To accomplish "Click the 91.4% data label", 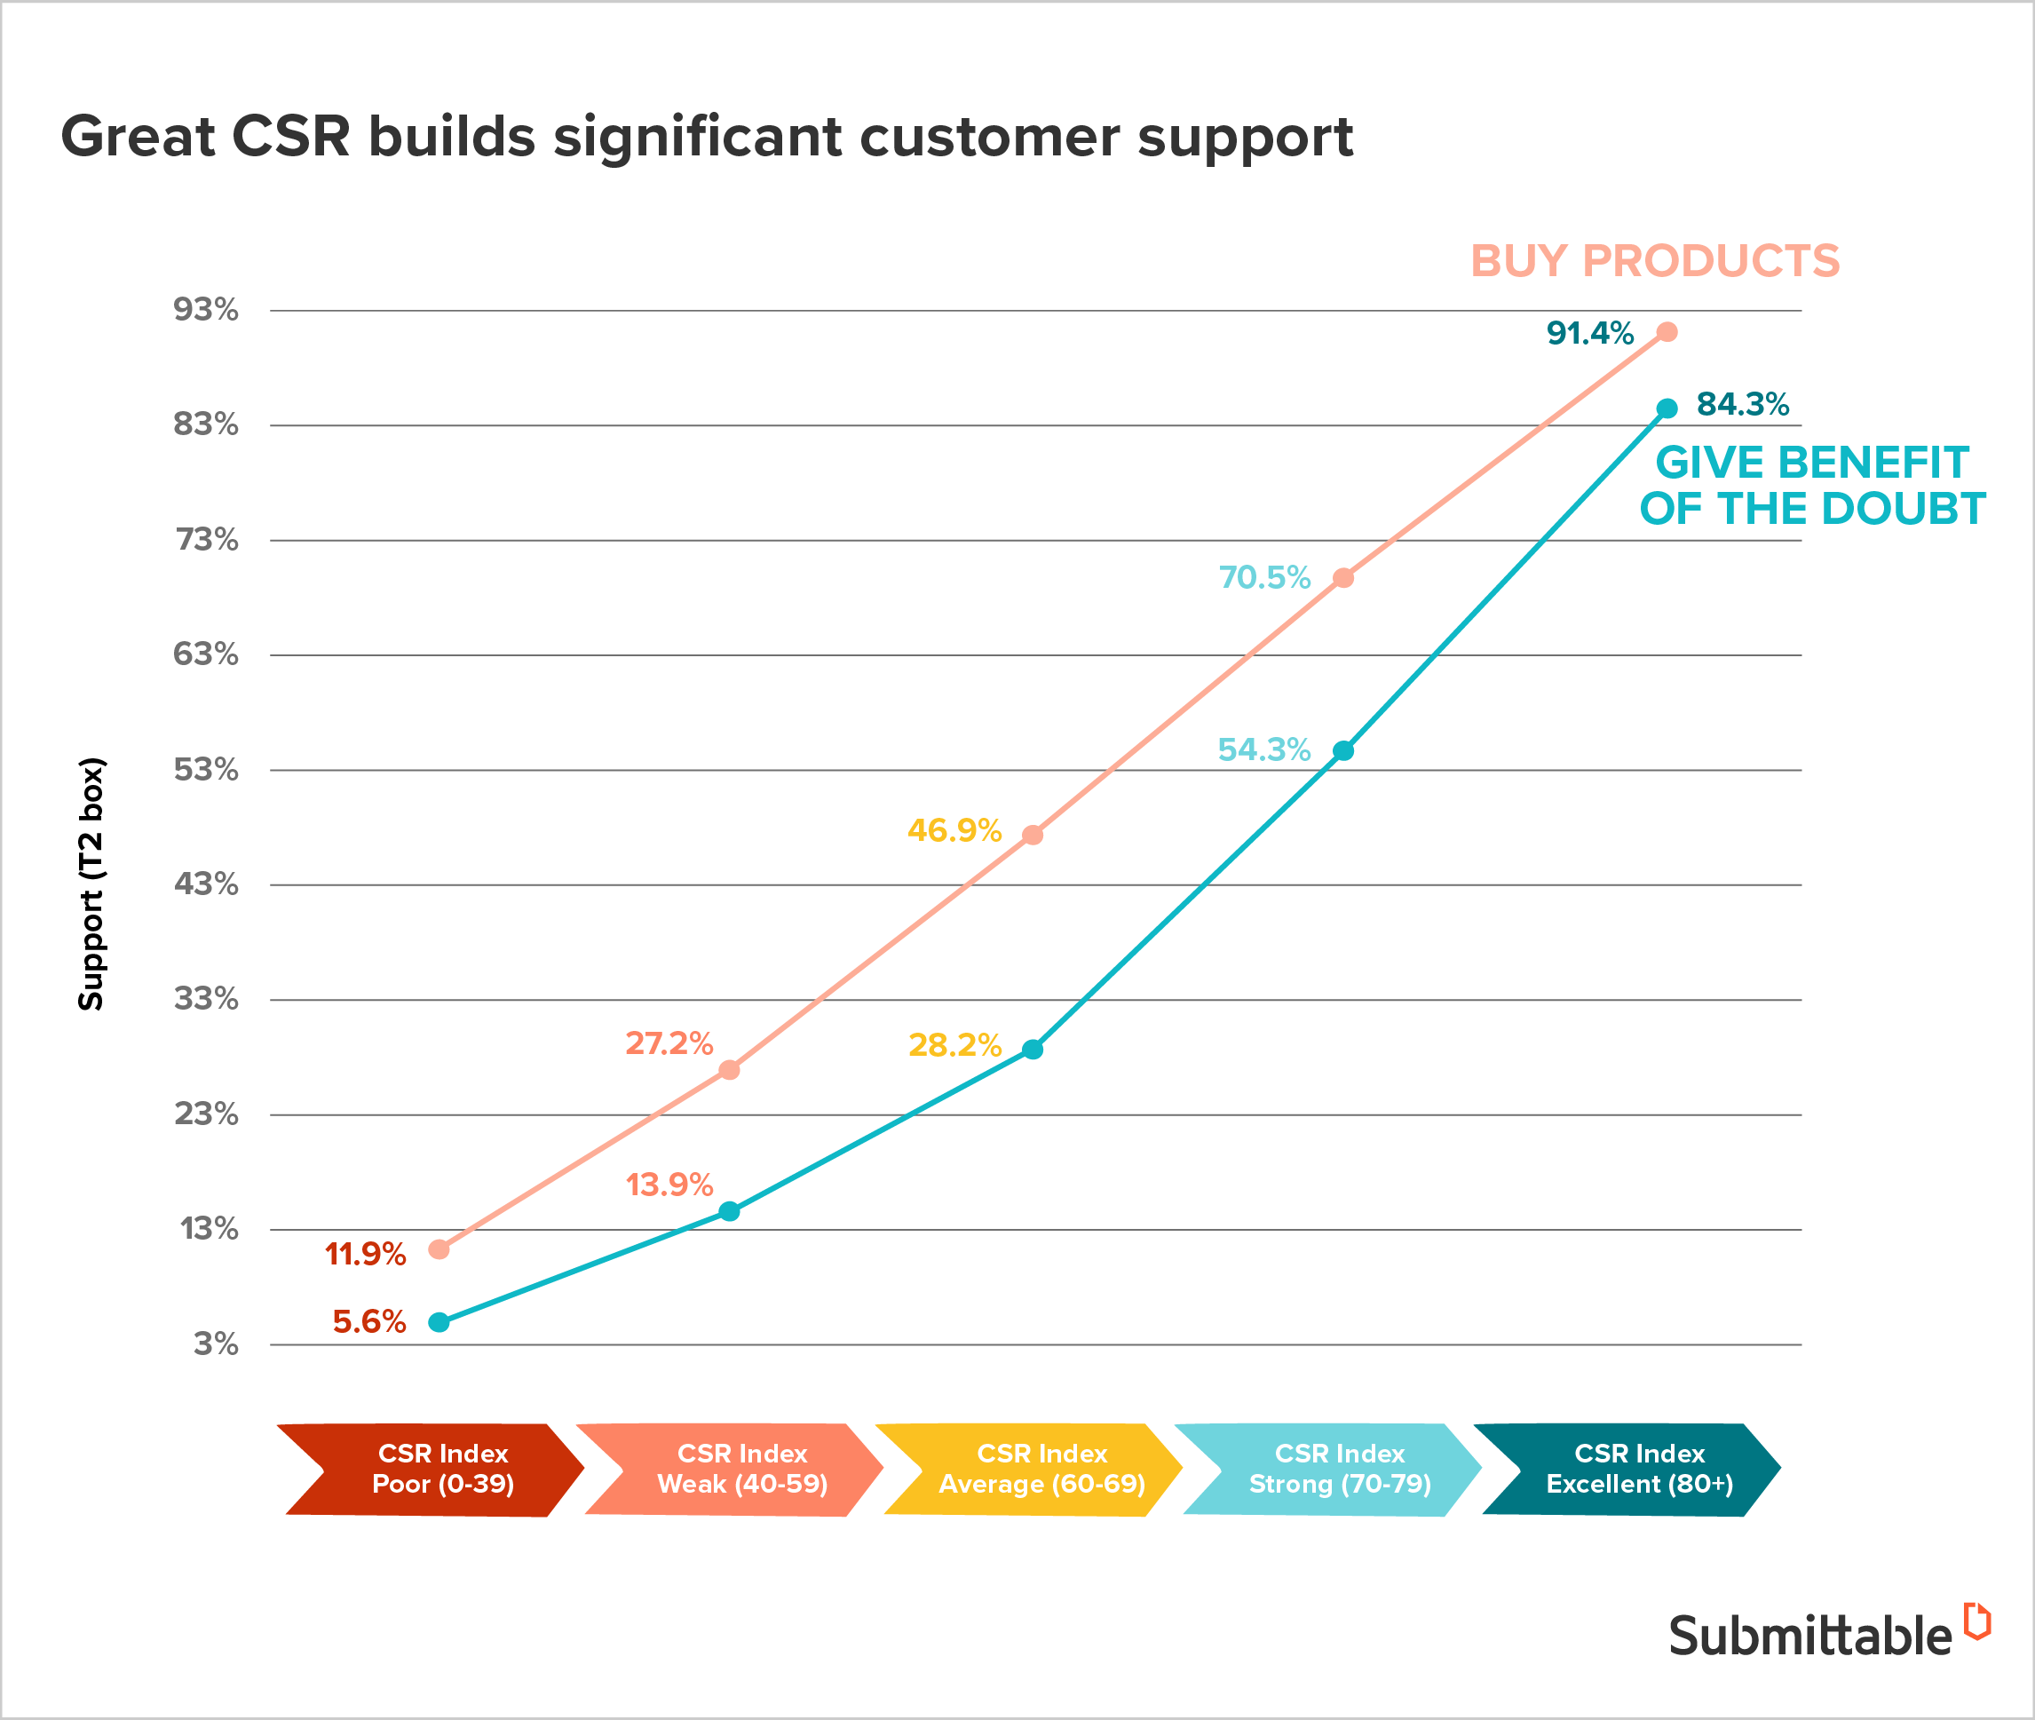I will click(x=1589, y=334).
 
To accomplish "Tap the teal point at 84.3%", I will click(x=1667, y=408).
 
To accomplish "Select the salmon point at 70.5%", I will click(x=1342, y=578).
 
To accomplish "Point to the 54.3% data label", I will click(x=1263, y=749).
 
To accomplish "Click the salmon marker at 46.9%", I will click(x=1033, y=835).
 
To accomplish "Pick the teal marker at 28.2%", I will click(x=1033, y=1050).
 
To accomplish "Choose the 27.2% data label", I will click(x=669, y=1043).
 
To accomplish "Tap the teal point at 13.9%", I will click(x=729, y=1211).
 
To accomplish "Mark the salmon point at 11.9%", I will click(x=439, y=1249).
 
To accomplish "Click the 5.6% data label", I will click(x=368, y=1321).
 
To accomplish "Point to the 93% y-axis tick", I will click(x=206, y=310).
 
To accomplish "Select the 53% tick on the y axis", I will click(x=206, y=769).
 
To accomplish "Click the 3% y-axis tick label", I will click(x=216, y=1344).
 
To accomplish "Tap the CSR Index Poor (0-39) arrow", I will click(x=434, y=1470).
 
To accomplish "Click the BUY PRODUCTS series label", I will click(x=1655, y=261).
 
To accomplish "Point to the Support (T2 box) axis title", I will click(x=91, y=884).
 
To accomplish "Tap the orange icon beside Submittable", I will click(x=1976, y=1621).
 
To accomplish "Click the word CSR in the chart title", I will click(x=290, y=136).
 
